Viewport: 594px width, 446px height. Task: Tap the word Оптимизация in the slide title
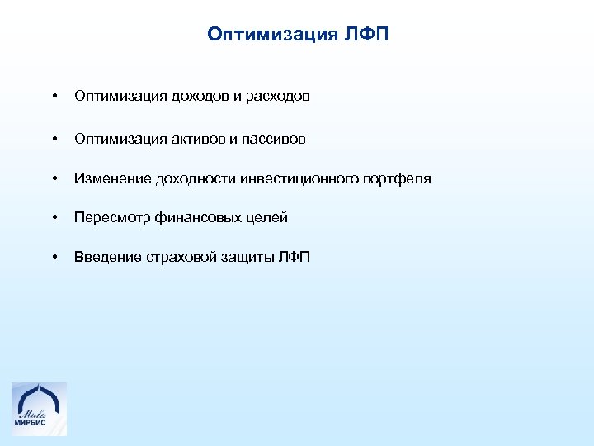[x=270, y=35]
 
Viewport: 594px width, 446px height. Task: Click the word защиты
[x=248, y=258]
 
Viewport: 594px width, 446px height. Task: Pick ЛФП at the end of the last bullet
[x=295, y=258]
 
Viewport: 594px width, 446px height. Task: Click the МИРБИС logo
[x=39, y=409]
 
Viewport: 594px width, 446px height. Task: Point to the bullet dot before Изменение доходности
[x=54, y=179]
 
